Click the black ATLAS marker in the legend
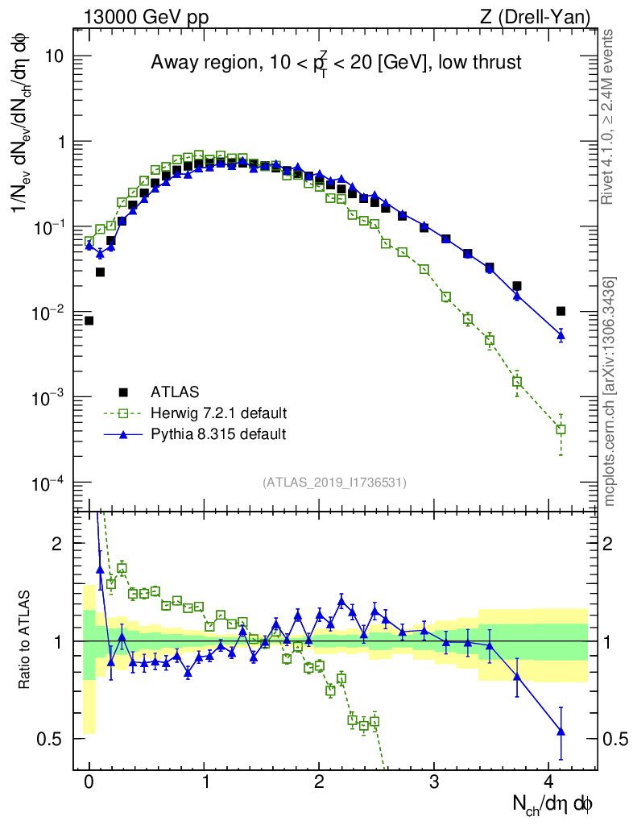pos(123,392)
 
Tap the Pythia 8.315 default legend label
pos(218,434)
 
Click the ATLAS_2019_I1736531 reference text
pos(334,483)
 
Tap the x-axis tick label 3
pos(434,782)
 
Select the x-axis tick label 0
pos(89,782)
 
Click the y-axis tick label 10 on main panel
pos(54,56)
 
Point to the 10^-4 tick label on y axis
pos(48,483)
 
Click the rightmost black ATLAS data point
pos(561,311)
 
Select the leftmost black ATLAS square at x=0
pos(89,321)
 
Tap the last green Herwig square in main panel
pos(561,429)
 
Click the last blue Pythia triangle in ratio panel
pos(561,732)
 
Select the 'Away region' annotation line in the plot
pos(336,63)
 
